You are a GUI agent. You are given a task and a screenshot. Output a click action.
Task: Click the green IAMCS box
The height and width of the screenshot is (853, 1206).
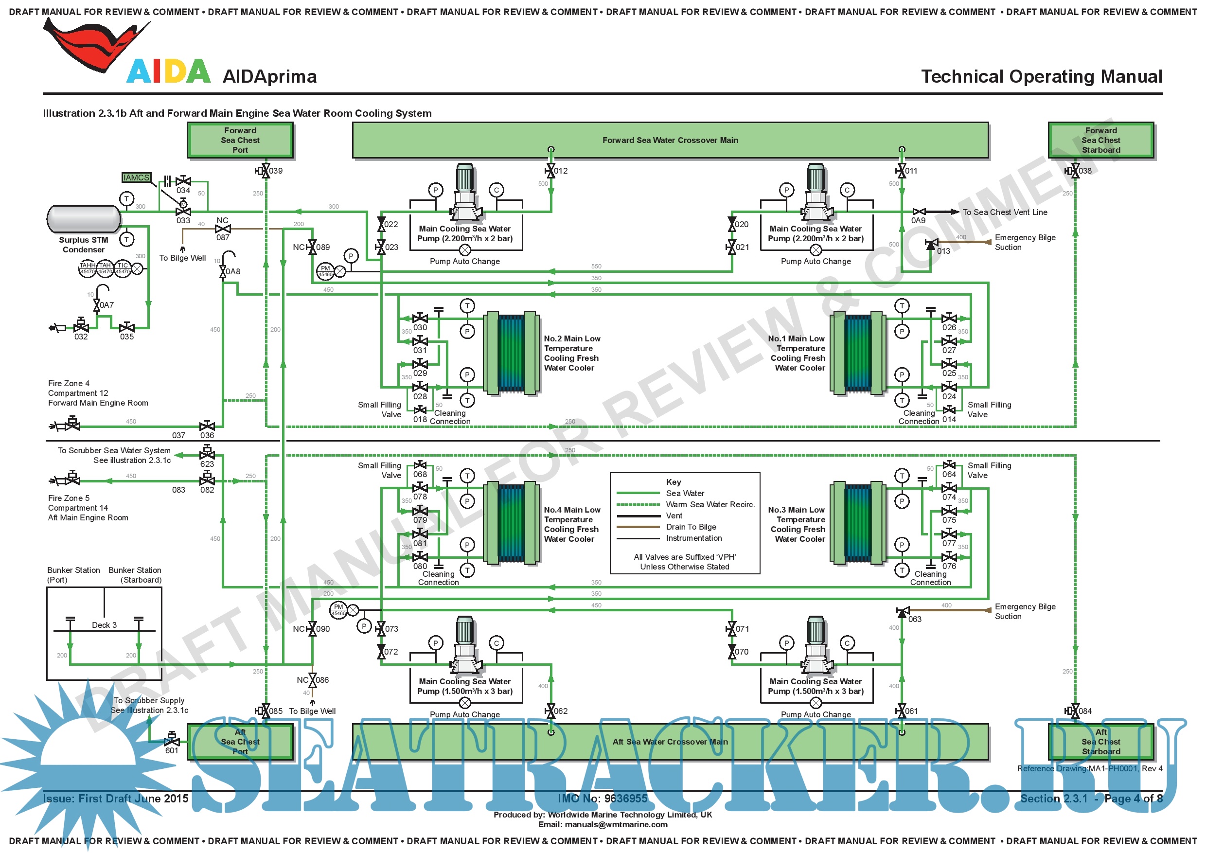(136, 178)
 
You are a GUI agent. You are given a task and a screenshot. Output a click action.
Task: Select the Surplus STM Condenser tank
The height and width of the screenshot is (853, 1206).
(84, 218)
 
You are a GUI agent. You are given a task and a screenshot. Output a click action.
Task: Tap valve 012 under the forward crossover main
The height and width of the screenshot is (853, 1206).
(550, 171)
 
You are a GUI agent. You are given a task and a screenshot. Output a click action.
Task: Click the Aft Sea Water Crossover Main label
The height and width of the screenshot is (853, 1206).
(670, 742)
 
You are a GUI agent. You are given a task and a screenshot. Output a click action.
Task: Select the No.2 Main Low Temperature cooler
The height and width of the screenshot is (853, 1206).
(512, 353)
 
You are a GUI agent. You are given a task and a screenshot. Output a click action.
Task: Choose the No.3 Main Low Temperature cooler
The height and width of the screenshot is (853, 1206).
(858, 524)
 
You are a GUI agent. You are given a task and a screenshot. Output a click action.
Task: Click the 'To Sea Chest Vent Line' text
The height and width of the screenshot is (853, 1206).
(1004, 212)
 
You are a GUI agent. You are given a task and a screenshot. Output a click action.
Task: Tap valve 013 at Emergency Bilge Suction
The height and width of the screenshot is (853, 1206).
(931, 244)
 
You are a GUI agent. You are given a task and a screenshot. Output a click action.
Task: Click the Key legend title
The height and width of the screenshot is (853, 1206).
(674, 481)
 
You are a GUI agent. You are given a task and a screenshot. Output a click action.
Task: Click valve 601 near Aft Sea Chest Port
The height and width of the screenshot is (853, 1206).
(172, 741)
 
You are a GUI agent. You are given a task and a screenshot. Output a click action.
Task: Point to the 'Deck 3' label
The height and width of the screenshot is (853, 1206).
(104, 625)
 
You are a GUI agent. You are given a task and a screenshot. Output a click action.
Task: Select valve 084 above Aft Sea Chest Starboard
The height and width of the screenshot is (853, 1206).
(1075, 711)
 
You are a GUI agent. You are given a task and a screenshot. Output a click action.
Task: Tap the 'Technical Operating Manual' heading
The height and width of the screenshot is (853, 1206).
(1041, 77)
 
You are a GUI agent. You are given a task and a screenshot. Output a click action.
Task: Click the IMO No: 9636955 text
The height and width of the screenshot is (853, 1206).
(603, 799)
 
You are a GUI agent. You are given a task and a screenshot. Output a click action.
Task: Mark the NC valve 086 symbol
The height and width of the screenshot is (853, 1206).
(313, 680)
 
